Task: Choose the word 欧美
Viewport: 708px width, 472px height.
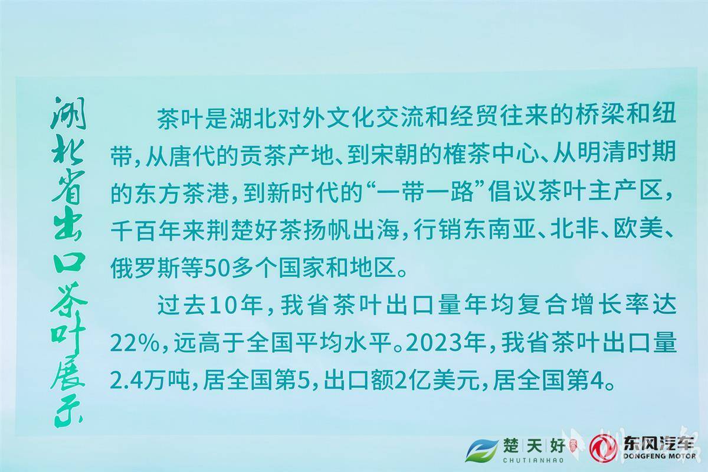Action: coord(638,231)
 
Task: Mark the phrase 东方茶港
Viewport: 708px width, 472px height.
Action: coord(182,193)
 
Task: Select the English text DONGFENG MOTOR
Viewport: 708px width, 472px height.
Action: coord(660,456)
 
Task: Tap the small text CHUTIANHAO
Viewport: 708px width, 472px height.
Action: coord(533,460)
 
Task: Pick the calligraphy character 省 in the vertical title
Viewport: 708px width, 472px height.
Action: coord(68,187)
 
